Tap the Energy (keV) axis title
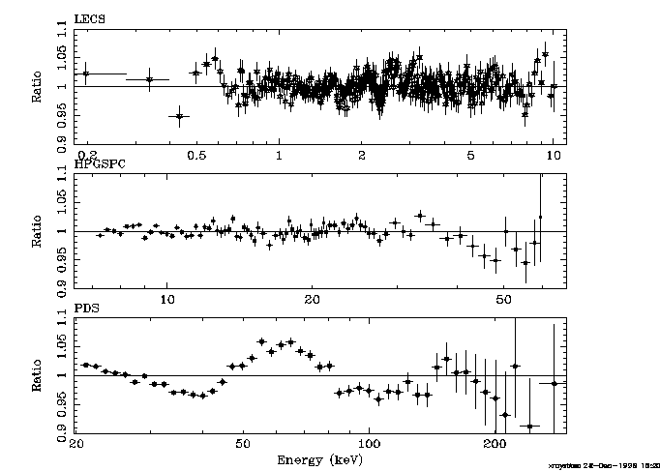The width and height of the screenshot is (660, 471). click(x=319, y=457)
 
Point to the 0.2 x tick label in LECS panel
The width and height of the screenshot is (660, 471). click(x=88, y=155)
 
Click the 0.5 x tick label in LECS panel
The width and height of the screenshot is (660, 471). click(x=196, y=155)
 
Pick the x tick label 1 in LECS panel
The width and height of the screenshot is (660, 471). click(x=279, y=155)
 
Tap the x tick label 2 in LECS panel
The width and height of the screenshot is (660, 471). click(x=361, y=155)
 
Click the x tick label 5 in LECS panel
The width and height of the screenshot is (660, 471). click(x=470, y=155)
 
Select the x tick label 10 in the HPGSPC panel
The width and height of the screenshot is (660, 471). click(x=166, y=300)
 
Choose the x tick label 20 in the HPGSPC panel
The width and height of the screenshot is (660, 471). click(x=313, y=300)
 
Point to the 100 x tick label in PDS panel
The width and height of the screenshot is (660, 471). click(x=370, y=444)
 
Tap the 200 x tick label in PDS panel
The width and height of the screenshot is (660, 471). click(x=495, y=444)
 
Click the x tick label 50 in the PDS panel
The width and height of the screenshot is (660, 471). click(x=242, y=444)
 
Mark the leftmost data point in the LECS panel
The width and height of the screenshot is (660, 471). click(x=86, y=74)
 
